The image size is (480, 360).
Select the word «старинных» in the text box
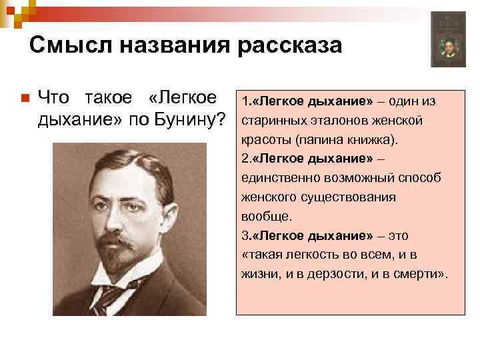point(270,121)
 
